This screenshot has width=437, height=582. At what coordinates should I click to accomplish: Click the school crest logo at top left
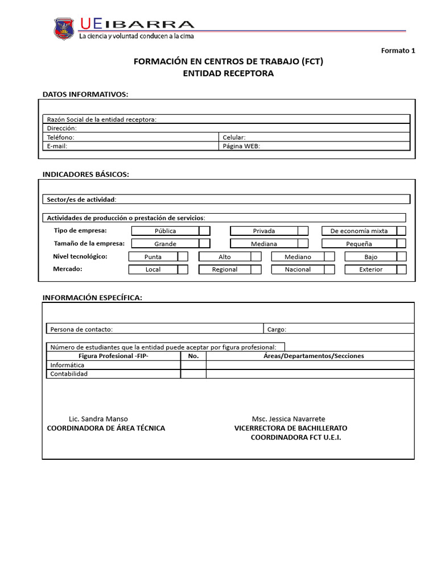tap(64, 28)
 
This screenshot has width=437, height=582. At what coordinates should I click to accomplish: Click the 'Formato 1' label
tap(398, 51)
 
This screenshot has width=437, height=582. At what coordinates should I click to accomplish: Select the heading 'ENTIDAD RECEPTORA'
tap(228, 73)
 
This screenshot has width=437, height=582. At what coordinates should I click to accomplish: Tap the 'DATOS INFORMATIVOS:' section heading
tap(85, 94)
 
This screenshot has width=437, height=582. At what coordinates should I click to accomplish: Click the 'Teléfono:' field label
tap(60, 137)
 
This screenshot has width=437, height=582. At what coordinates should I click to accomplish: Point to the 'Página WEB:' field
tap(242, 146)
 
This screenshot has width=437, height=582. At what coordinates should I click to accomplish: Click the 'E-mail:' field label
tap(57, 146)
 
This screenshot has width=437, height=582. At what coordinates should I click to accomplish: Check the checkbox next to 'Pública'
tap(204, 231)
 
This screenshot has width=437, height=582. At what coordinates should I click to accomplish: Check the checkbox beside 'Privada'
tap(303, 231)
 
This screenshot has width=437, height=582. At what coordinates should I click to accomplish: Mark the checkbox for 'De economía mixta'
tap(401, 231)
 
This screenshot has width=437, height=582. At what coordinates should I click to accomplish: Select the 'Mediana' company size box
tap(263, 244)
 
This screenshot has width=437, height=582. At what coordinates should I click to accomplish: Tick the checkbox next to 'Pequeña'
tap(401, 243)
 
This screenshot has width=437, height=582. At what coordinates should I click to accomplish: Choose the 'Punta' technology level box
tap(152, 257)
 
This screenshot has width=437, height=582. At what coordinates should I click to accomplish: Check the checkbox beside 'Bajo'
tap(401, 256)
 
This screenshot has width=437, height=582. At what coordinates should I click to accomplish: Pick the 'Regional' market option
tap(224, 269)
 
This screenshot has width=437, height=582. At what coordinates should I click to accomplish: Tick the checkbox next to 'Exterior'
tap(401, 269)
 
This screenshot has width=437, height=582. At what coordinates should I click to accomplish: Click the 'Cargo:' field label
tap(277, 329)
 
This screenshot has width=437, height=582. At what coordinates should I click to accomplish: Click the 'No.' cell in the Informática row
tap(193, 365)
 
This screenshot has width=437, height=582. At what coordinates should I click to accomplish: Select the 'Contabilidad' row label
tap(69, 374)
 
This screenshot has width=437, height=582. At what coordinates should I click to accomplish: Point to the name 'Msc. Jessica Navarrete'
tap(288, 419)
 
